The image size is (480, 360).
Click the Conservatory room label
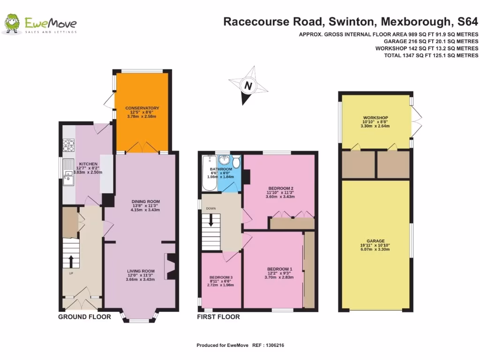[142, 108]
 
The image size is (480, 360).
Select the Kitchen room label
[88, 164]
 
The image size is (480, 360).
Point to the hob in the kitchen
[68, 146]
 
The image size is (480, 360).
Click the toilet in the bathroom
[236, 162]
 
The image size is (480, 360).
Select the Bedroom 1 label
[273, 269]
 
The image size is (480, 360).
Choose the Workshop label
[375, 118]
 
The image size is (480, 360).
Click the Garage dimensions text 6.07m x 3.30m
[375, 249]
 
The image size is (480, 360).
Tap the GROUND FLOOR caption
[84, 317]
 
